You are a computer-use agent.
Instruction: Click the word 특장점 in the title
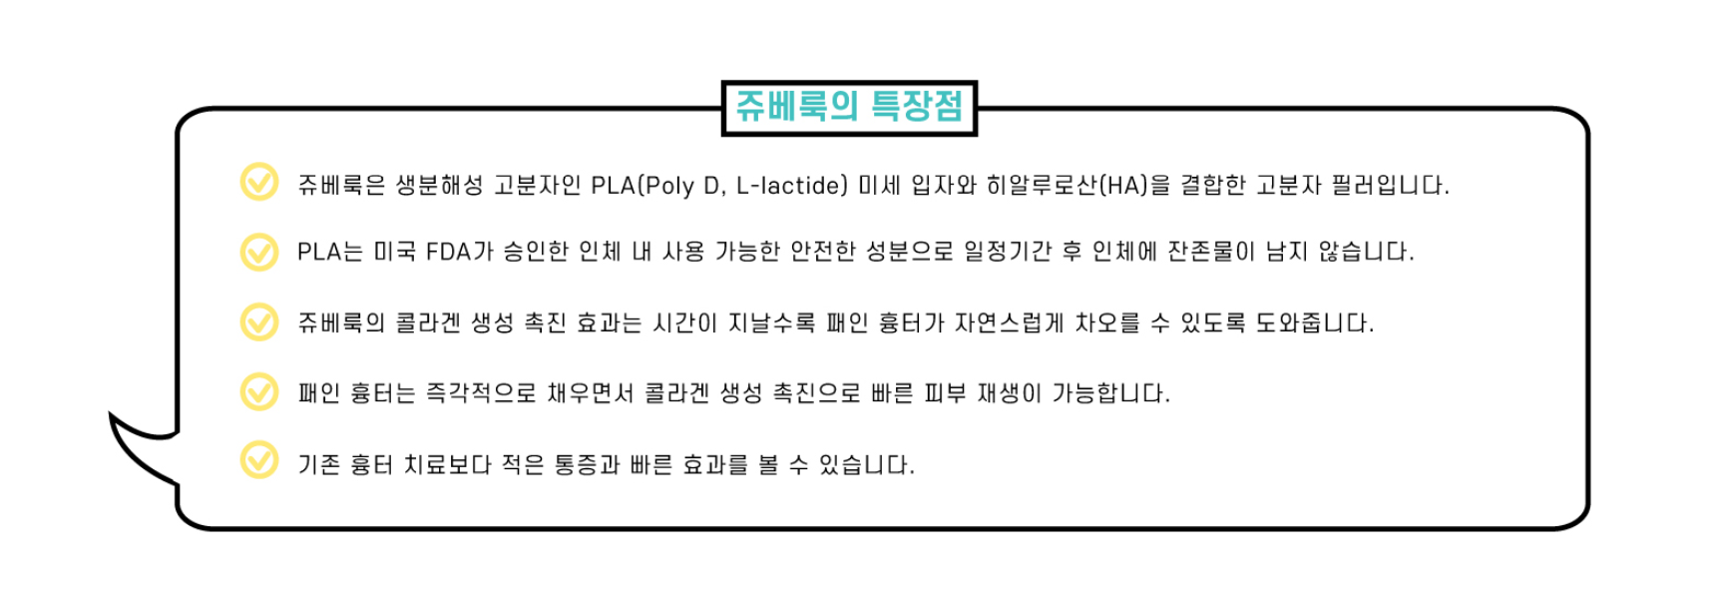917,107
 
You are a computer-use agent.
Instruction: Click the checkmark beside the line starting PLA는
259,252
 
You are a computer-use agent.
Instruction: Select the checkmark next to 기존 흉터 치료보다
259,461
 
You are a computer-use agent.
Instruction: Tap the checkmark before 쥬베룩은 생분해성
259,182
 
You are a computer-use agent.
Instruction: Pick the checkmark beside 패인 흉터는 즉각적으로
259,391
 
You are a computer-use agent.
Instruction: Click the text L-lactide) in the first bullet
791,186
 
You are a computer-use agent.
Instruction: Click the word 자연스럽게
1009,323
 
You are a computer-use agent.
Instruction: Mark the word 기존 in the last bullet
318,465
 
